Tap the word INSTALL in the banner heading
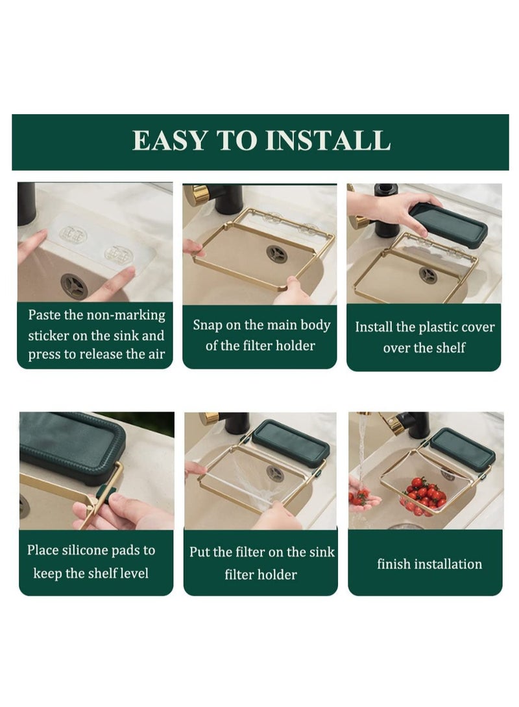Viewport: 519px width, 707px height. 328,140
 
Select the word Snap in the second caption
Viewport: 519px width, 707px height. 208,325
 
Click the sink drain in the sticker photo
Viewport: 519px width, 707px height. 75,286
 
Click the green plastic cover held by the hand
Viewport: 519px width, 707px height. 448,225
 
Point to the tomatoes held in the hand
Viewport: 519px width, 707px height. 359,497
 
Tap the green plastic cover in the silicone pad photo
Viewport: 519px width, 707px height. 67,447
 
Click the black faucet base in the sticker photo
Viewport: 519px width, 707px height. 27,203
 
